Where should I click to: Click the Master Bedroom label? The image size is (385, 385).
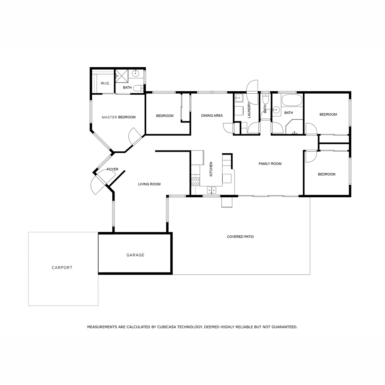[119, 117]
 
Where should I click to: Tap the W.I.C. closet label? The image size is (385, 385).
[105, 83]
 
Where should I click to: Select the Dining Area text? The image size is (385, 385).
[212, 116]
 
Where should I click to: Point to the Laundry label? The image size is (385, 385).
[249, 110]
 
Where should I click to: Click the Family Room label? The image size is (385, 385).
[270, 164]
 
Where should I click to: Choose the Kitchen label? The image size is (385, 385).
[211, 169]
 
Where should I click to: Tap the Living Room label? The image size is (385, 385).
[149, 184]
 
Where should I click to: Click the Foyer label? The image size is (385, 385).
[113, 169]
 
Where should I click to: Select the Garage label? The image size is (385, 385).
[135, 255]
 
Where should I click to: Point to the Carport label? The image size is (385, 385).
[62, 268]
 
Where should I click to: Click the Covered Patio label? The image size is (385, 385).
[240, 236]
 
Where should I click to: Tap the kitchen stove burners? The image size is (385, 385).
[195, 182]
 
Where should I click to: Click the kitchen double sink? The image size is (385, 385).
[211, 190]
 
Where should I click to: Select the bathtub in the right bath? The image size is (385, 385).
[292, 100]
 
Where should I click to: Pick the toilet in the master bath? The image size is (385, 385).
[138, 88]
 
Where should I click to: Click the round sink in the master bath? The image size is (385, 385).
[136, 73]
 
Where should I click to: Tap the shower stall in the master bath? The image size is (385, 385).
[122, 76]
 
